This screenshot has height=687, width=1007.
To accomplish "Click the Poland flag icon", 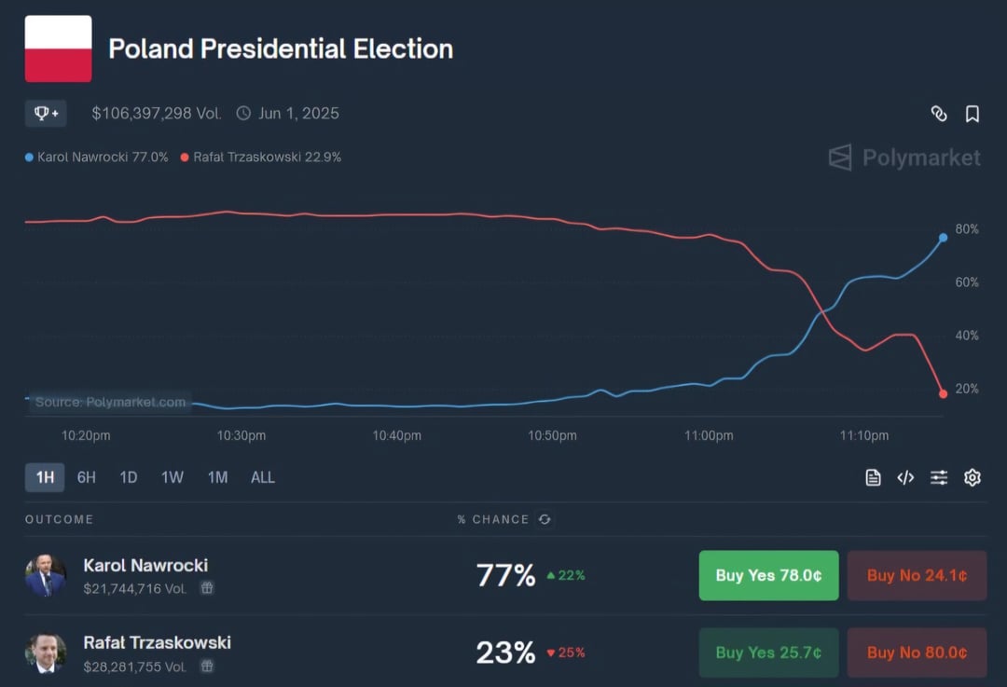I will [58, 48].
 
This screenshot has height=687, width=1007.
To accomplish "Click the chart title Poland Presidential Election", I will [281, 49].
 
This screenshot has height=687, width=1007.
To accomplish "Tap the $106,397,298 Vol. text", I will [157, 114].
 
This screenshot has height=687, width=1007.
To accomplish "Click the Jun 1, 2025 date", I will [298, 114].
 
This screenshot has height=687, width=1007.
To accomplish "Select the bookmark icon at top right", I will [972, 114].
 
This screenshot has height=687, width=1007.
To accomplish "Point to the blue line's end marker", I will [943, 238].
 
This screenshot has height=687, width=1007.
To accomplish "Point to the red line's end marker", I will [943, 393].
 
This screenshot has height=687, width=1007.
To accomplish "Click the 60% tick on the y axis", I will [966, 282].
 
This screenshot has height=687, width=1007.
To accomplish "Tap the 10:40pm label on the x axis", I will [396, 435].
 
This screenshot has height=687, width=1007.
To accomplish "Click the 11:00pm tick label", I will [709, 435].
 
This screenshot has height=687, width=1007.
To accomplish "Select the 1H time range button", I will [45, 478].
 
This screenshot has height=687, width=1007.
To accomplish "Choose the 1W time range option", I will [172, 478].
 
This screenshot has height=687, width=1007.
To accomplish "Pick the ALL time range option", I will [263, 478].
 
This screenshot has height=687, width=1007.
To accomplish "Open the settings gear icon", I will [972, 478].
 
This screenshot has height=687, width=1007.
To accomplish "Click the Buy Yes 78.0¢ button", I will [768, 576].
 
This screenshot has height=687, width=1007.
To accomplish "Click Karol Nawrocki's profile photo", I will [46, 576].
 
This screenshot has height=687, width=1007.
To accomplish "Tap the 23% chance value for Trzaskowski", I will [505, 653].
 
